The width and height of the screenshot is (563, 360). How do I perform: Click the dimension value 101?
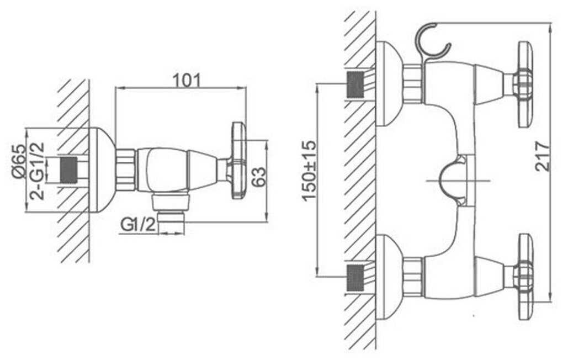(187, 81)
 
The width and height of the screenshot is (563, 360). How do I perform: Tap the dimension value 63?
(259, 177)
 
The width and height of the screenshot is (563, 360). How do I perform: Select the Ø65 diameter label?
(19, 161)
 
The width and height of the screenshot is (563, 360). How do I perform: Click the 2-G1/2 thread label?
(38, 171)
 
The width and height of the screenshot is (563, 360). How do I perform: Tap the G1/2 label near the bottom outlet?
(138, 225)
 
